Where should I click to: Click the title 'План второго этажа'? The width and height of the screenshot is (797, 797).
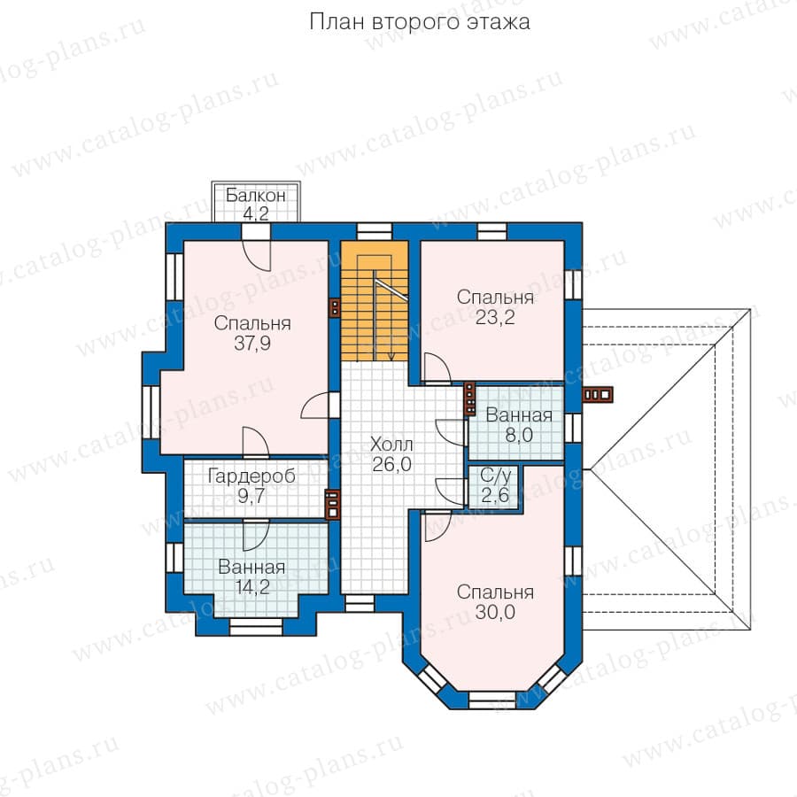pos(420,22)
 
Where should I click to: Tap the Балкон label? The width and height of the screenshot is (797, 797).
pos(255,195)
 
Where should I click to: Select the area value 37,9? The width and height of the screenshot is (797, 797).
pos(252,343)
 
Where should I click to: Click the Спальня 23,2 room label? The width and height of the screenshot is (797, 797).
pos(495,307)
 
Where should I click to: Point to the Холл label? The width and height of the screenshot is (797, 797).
pos(391,445)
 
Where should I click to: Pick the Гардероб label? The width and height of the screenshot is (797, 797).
pos(251,476)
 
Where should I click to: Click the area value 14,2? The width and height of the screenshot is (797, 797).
pos(252,587)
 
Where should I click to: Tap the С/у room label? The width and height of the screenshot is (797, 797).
pos(496,476)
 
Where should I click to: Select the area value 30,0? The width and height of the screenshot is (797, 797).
pos(495,612)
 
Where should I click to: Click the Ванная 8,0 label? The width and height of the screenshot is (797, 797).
pos(519,425)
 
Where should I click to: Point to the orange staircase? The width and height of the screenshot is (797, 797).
pos(374,301)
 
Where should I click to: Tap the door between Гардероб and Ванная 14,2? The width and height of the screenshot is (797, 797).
pos(256,534)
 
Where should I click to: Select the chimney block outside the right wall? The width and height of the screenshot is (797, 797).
pos(598,394)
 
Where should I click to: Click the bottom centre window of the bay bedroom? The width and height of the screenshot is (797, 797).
pos(491,700)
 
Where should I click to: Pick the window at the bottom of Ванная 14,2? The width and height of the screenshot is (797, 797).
pos(256,626)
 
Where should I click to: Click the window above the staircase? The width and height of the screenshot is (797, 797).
pos(374,231)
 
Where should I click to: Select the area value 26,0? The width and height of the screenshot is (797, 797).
pos(392,464)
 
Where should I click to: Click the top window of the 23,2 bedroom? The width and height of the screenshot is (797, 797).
pos(492,231)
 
